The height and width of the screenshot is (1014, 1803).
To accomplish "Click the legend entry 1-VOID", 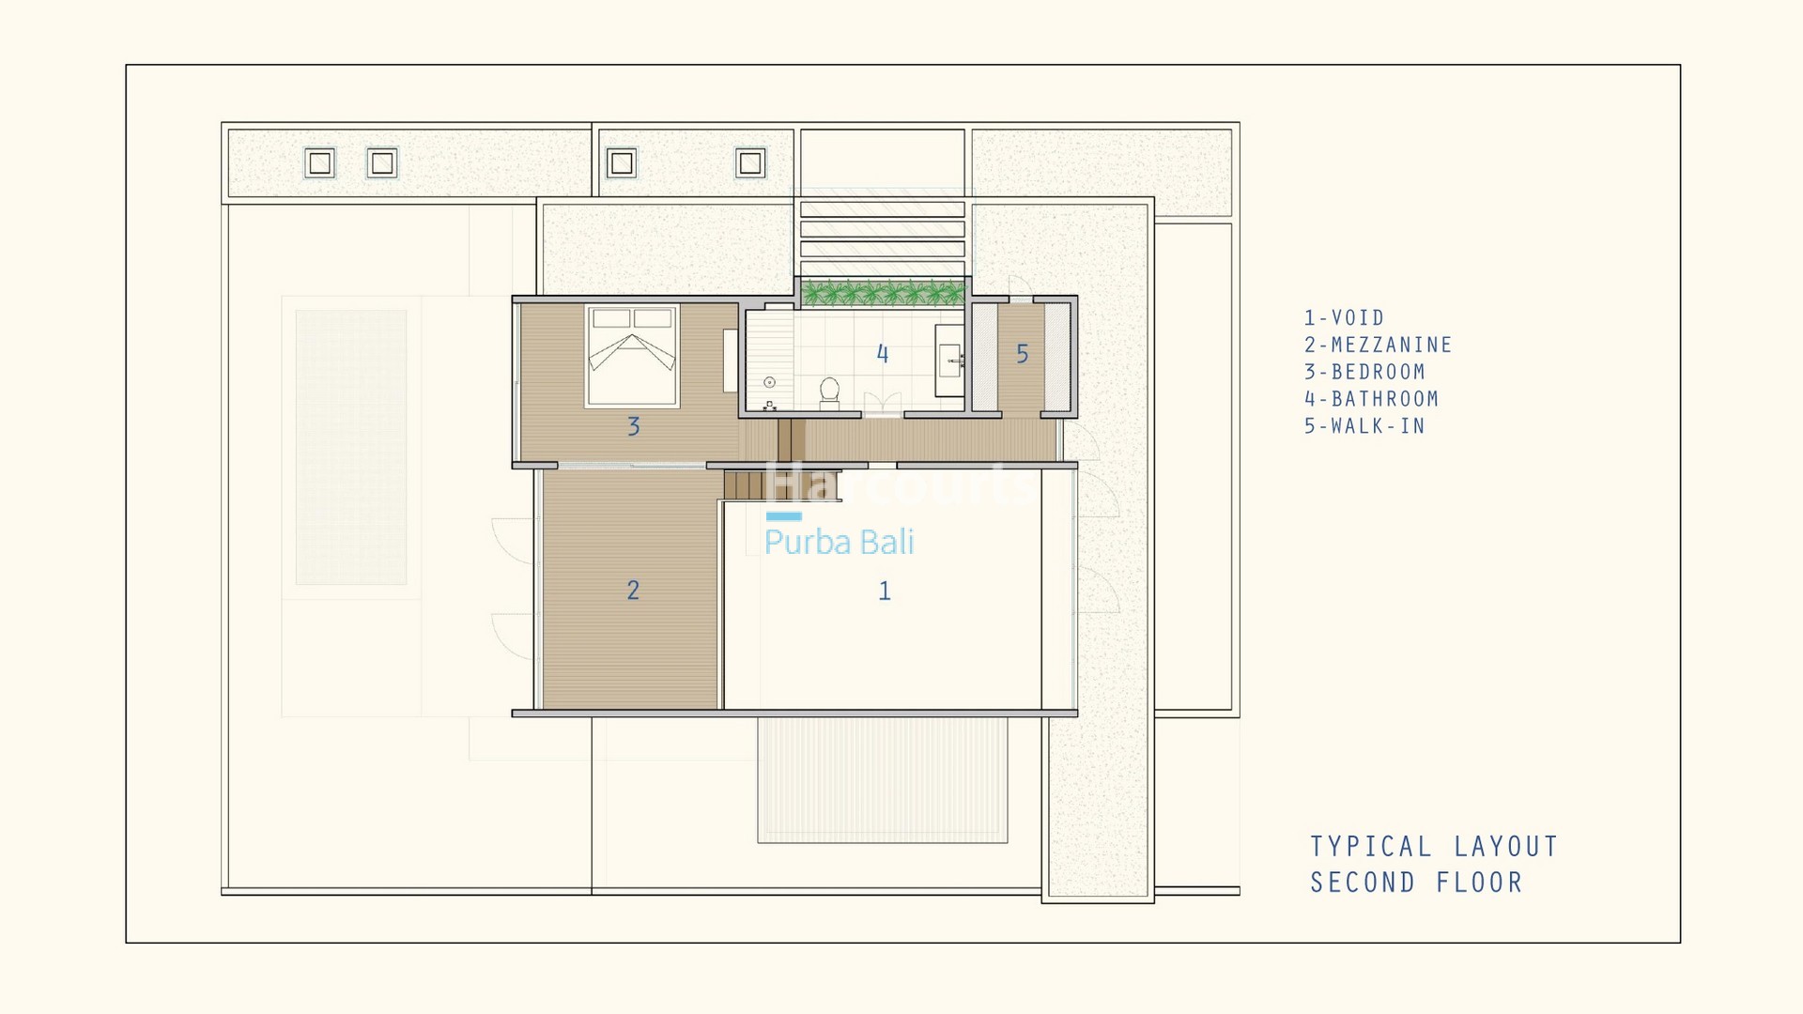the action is pyautogui.click(x=1344, y=318).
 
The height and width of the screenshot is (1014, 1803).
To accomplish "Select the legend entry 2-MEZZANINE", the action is pyautogui.click(x=1378, y=346).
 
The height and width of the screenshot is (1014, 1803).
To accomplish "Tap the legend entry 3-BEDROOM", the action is pyautogui.click(x=1364, y=372).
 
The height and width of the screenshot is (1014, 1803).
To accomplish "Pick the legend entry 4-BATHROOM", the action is pyautogui.click(x=1371, y=399).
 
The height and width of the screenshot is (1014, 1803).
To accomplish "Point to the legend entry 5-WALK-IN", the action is pyautogui.click(x=1364, y=426).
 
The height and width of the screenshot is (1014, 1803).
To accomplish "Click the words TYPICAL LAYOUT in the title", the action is pyautogui.click(x=1434, y=847).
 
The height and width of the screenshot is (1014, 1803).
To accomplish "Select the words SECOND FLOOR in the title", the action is pyautogui.click(x=1416, y=883).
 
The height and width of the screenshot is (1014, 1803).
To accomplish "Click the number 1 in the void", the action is pyautogui.click(x=884, y=591).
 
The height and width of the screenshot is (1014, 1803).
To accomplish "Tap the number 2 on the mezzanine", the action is pyautogui.click(x=633, y=590).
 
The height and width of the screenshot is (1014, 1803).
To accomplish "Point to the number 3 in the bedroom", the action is pyautogui.click(x=634, y=426).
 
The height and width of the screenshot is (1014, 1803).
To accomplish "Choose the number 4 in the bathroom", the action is pyautogui.click(x=882, y=354).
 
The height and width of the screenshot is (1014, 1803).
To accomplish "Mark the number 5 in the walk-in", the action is pyautogui.click(x=1022, y=354).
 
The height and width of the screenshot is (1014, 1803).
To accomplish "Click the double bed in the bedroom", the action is pyautogui.click(x=632, y=356).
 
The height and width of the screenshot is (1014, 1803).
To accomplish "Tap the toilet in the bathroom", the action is pyautogui.click(x=829, y=393).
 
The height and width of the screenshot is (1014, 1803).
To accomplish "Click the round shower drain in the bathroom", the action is pyautogui.click(x=769, y=382).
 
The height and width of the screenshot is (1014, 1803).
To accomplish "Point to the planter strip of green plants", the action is pyautogui.click(x=883, y=294).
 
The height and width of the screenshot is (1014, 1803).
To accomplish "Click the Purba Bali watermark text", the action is pyautogui.click(x=839, y=542).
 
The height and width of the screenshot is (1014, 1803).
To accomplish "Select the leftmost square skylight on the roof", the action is pyautogui.click(x=320, y=163).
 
